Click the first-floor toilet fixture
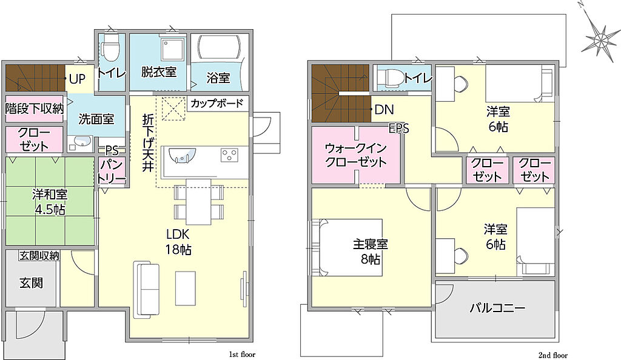[x=110, y=48]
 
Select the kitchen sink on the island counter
[x=183, y=156]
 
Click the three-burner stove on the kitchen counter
[x=230, y=155]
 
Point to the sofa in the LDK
[x=146, y=289]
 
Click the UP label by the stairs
[x=77, y=79]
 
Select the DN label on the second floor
[x=384, y=110]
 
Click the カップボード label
[x=217, y=104]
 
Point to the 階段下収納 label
[x=35, y=108]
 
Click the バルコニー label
[x=497, y=308]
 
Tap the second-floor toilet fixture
[x=389, y=77]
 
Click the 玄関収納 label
[x=39, y=256]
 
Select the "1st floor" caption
[x=243, y=355]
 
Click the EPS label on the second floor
[x=398, y=128]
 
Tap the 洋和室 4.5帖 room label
[x=50, y=202]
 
